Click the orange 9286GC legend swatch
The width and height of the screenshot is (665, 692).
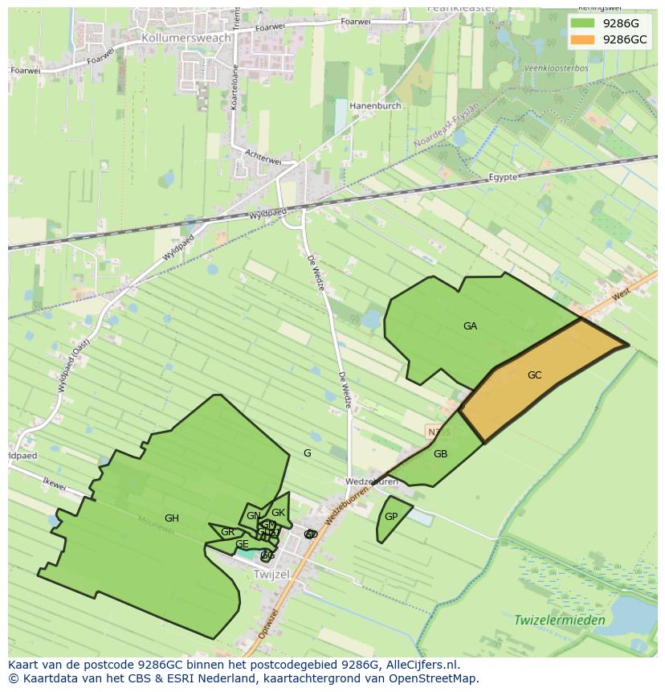point(584,39)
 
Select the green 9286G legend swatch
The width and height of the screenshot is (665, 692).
point(584,23)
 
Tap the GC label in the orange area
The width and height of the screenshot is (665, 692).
point(535,375)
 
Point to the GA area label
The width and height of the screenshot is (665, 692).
point(470,326)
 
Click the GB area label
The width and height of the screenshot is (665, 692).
point(440,454)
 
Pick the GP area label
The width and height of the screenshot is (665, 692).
point(391,517)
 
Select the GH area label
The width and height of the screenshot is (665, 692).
point(171,518)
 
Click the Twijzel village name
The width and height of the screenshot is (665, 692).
point(271,575)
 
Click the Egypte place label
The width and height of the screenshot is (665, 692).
point(504,178)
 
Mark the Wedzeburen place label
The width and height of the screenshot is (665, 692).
point(371,482)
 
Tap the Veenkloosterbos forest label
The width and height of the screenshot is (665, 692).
point(556,68)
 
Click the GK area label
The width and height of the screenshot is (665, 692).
point(279,513)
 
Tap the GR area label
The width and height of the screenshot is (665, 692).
point(228,532)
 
